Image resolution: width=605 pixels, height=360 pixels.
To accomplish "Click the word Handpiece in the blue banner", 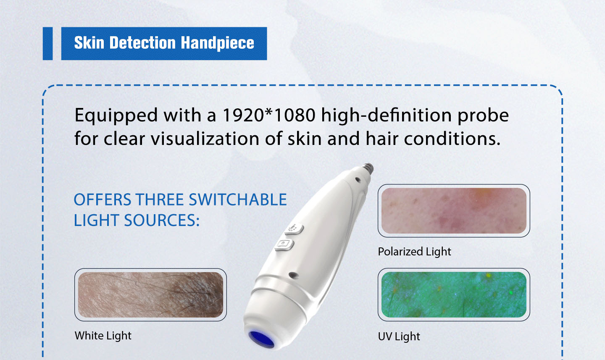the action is tap(218, 43).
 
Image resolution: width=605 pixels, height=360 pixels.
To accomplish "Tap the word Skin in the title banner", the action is tap(89, 43).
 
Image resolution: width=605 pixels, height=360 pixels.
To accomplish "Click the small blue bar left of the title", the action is tap(47, 44).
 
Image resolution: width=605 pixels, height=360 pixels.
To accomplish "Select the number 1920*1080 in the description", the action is tap(269, 116).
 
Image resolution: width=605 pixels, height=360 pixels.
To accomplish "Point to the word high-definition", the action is tap(386, 116).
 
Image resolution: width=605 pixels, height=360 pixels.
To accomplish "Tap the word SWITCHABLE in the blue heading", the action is tap(238, 200).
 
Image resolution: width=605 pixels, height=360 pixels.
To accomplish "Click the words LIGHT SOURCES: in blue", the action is tap(137, 220).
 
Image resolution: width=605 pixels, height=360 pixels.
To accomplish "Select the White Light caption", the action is tap(103, 336).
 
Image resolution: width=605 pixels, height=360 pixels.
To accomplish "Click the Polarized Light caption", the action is tap(414, 252).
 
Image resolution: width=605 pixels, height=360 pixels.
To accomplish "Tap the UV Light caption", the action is tap(399, 336).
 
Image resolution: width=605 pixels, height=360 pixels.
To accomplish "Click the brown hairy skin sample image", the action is tap(150, 294).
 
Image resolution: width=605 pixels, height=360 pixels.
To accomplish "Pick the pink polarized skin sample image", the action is tap(454, 210).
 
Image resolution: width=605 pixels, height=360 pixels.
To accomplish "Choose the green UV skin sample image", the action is tap(454, 294).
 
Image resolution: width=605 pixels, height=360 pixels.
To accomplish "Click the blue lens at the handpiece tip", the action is tap(261, 339).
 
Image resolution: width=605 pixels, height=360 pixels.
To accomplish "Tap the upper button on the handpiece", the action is tap(294, 229).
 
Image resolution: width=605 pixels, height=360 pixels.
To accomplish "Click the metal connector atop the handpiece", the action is tap(368, 168).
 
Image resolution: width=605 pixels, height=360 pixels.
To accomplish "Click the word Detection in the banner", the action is tap(142, 43).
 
